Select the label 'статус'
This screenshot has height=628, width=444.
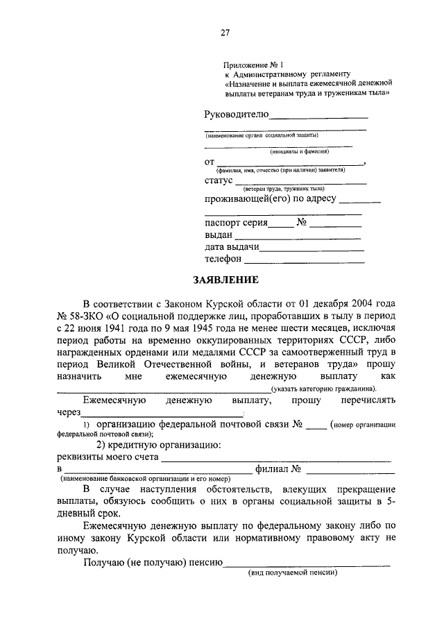[219, 180]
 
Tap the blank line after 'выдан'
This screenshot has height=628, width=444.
[299, 237]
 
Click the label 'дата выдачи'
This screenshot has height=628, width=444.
[232, 247]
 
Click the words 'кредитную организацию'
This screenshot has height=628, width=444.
[165, 444]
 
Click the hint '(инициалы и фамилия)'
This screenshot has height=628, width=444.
[299, 151]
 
